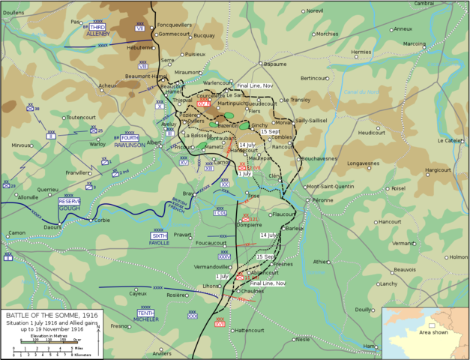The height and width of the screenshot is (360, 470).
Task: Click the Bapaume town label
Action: [275, 64]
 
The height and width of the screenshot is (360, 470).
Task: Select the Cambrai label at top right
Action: [445, 4]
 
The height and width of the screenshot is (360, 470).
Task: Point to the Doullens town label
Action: [13, 12]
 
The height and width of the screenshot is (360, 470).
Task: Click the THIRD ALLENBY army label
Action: [97, 31]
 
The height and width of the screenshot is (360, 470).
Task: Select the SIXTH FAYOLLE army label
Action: [159, 239]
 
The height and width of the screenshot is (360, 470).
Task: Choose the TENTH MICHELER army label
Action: [147, 316]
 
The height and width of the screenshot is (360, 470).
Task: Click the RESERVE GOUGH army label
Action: [69, 204]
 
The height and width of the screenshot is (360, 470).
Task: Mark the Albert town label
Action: [154, 142]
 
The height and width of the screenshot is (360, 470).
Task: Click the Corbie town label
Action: [101, 220]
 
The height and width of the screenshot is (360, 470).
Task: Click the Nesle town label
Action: [303, 339]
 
